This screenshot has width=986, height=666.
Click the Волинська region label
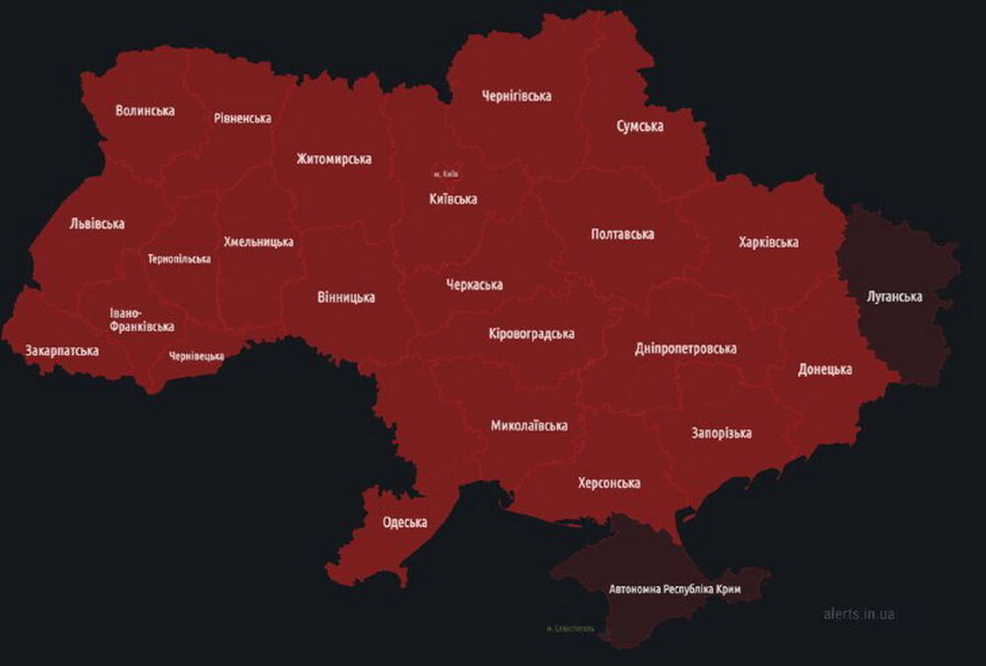coord(145,110)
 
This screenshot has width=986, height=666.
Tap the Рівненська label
coord(243,118)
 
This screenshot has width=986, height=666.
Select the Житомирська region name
coord(333,159)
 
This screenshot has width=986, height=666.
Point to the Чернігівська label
coord(516,96)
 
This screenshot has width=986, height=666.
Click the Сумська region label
coord(640,126)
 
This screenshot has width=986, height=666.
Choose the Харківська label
coord(768,242)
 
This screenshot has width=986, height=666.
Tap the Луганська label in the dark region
coord(894,297)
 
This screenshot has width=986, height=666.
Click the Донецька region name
coord(824,369)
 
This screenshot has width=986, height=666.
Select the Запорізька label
coord(722,433)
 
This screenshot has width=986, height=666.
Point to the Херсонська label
coord(608,483)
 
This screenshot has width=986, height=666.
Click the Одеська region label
coord(404,522)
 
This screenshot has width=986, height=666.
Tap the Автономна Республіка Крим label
coord(674,589)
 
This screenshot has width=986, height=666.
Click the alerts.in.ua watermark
coord(859,614)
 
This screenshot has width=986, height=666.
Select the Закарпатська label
coord(62,351)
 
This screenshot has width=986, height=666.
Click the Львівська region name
coord(98,224)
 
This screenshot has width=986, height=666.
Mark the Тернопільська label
coord(179,259)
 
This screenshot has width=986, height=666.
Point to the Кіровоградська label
coord(531,334)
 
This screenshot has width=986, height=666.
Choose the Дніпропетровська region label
coord(685,349)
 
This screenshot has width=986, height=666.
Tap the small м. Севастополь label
coord(570,628)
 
